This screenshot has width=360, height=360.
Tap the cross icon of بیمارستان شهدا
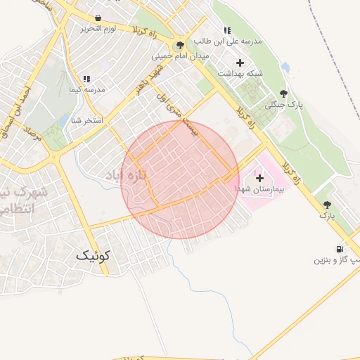click(259, 179)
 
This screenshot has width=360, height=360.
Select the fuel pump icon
click(341, 248)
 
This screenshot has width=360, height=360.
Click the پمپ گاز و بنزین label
click(336, 260)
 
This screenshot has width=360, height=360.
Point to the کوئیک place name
click(94, 257)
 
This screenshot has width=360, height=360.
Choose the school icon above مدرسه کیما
click(86, 79)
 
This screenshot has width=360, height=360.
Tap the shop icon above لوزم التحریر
click(97, 18)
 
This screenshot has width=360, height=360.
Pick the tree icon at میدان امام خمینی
click(181, 45)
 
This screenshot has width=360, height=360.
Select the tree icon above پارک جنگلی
click(283, 93)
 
